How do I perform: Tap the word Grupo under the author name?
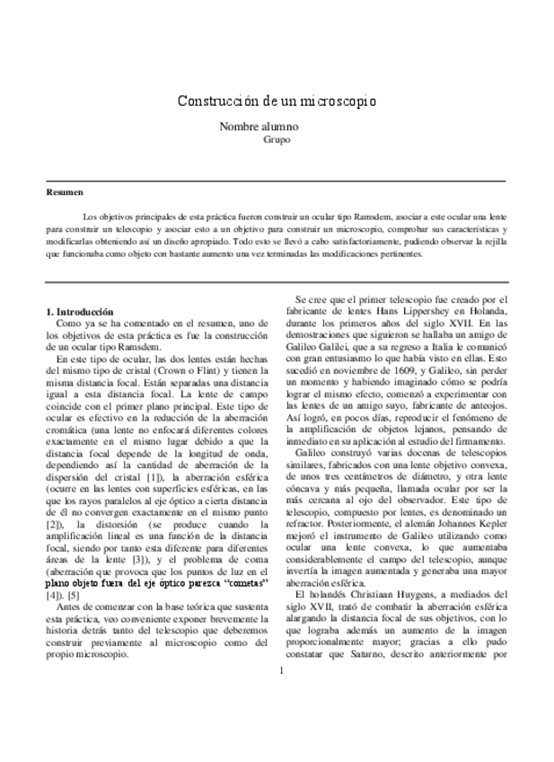[x=277, y=140]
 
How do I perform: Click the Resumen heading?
[x=65, y=191]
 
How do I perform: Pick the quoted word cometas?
[x=242, y=582]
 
